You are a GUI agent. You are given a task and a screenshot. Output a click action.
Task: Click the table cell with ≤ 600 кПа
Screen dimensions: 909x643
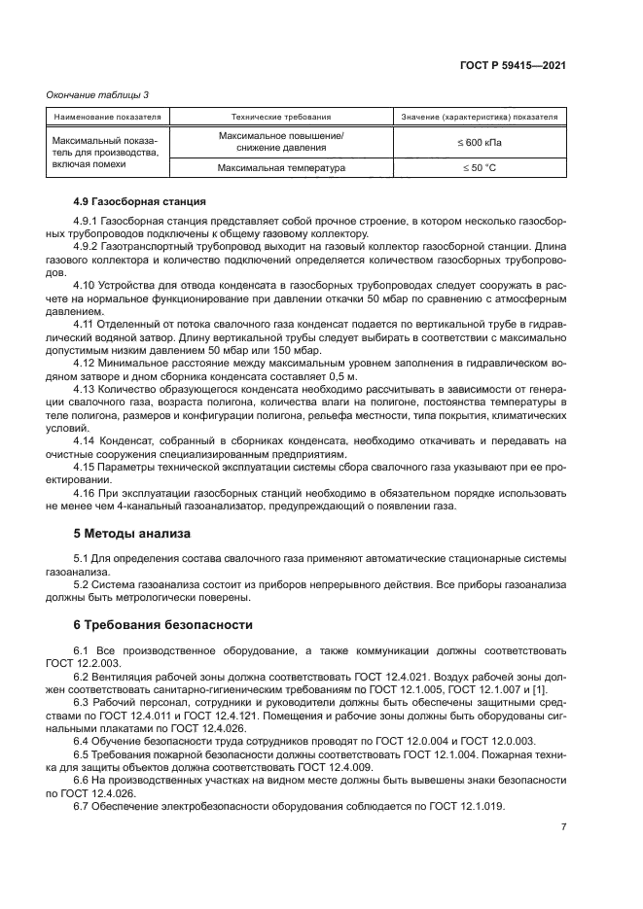[480, 142]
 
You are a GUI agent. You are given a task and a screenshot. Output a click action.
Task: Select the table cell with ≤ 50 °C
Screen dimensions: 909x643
[480, 168]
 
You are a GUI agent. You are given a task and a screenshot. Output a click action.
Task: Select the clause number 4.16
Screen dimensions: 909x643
[86, 492]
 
